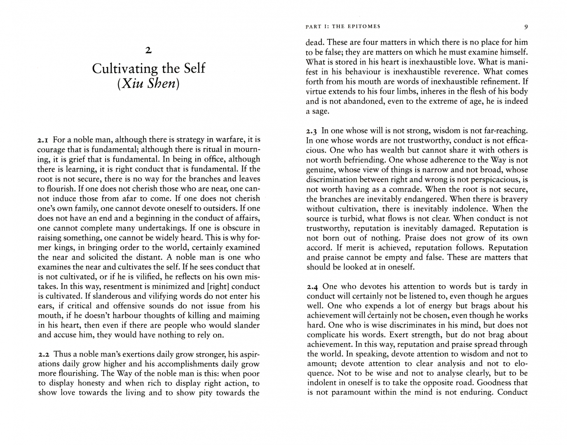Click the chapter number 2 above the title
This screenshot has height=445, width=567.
(148, 51)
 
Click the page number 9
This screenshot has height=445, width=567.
(526, 27)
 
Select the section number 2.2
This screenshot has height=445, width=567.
(44, 354)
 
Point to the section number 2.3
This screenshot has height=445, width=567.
(312, 131)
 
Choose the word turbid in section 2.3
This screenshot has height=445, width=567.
(347, 218)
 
